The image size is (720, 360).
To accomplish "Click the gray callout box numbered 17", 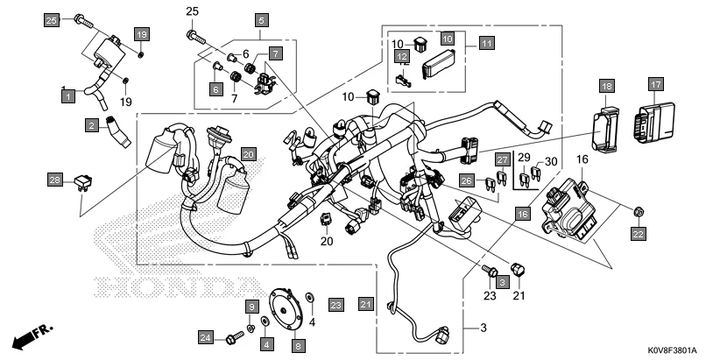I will coord(655,84).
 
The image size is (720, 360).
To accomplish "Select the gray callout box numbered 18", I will coord(606,85).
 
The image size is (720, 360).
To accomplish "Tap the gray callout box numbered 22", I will coord(638,234).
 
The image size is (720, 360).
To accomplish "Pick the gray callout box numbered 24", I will coord(206,337).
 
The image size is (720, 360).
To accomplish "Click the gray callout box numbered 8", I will coord(298,347).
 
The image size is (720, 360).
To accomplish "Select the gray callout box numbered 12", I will coord(402,58).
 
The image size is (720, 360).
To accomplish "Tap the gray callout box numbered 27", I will coord(502,159).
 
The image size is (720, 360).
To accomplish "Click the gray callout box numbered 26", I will coord(467,181).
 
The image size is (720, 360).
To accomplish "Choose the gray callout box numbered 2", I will coord(91,126).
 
